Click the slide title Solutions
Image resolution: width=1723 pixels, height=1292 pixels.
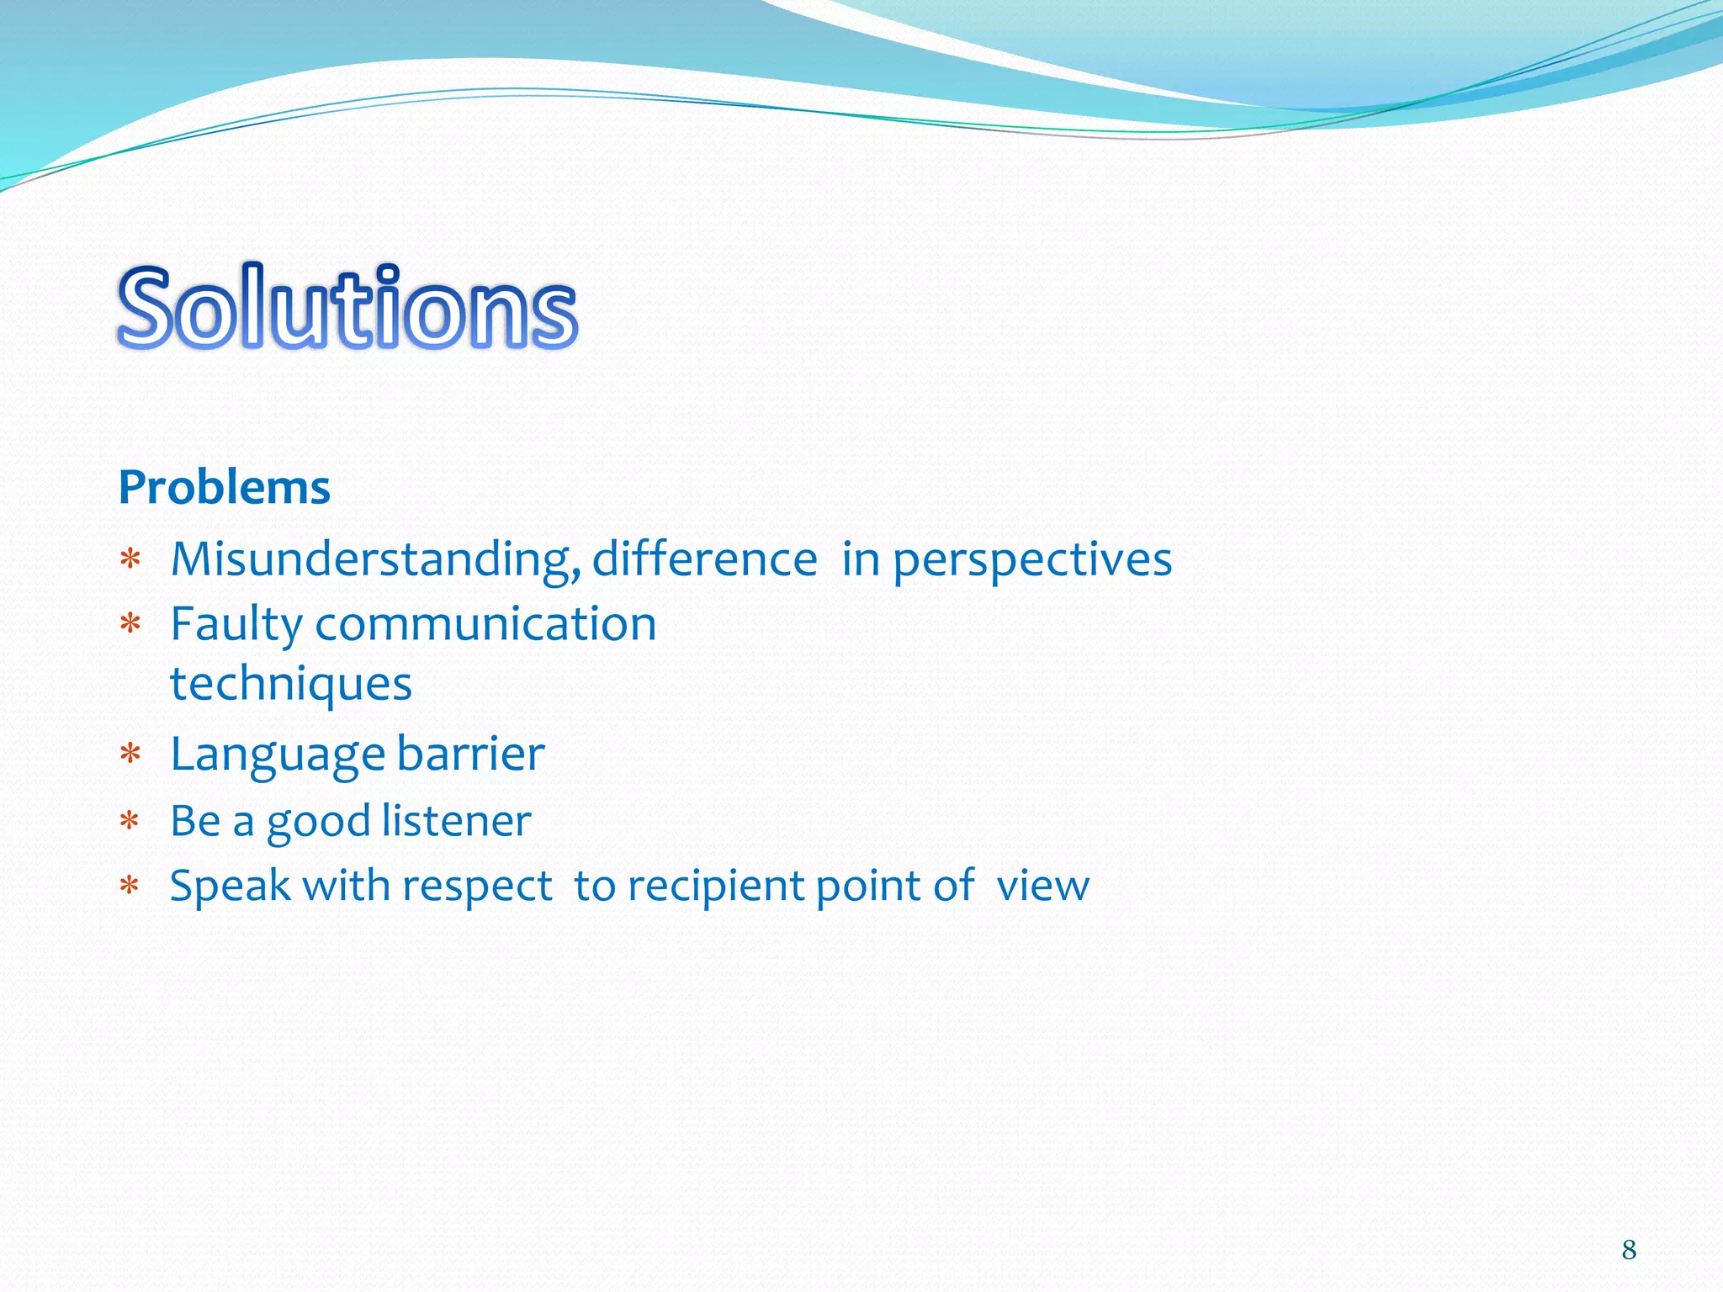click(x=347, y=307)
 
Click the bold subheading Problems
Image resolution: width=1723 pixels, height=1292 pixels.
click(x=224, y=488)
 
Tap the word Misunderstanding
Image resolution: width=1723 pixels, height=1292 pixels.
click(x=375, y=560)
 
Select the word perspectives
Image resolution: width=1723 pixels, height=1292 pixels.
click(x=1031, y=560)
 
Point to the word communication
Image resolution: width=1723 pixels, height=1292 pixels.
click(x=485, y=624)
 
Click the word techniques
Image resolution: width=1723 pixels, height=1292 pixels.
click(x=291, y=683)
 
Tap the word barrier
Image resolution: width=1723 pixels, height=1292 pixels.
click(x=470, y=754)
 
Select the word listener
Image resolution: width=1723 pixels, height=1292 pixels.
click(x=456, y=821)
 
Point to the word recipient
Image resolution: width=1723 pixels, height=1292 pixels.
click(x=715, y=887)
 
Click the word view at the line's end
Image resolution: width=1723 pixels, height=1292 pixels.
click(x=1042, y=887)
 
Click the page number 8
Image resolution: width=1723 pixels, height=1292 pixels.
click(x=1629, y=1250)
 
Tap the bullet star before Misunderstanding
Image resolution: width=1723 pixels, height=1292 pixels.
click(x=130, y=559)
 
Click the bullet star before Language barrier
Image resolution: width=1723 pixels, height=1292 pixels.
click(x=130, y=754)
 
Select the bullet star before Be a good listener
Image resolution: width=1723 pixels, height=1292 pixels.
click(x=130, y=821)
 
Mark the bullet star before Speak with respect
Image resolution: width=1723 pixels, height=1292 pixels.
click(x=130, y=887)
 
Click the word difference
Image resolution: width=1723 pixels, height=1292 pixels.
click(x=704, y=559)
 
